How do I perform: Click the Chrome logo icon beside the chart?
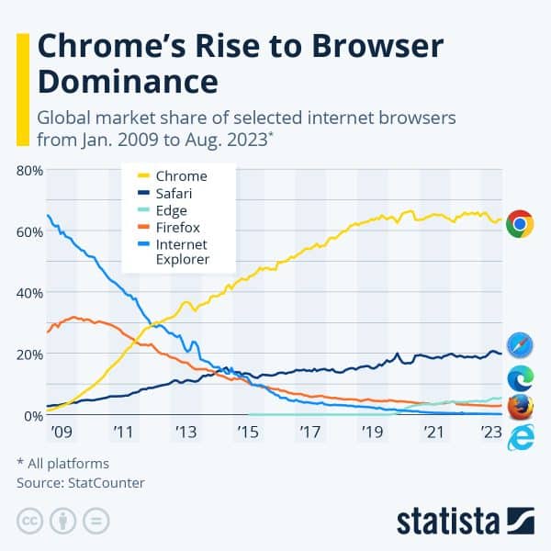click(x=521, y=224)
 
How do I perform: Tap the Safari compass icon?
click(x=521, y=345)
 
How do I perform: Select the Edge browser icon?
click(x=521, y=377)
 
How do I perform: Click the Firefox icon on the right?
click(x=521, y=407)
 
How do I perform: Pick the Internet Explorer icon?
click(x=521, y=438)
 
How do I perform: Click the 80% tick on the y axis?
click(x=29, y=170)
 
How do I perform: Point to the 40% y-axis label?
click(x=29, y=293)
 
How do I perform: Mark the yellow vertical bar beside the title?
click(x=22, y=90)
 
